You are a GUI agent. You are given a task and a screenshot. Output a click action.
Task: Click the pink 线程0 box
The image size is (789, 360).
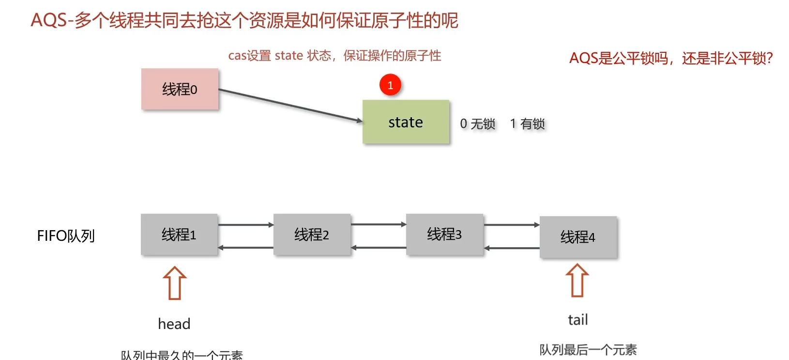click(180, 89)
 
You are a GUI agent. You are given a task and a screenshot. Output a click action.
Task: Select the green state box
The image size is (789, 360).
click(406, 122)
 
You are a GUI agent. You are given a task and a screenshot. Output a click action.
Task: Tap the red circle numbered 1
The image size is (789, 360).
click(390, 85)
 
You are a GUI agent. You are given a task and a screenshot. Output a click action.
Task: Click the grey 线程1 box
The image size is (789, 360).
click(179, 235)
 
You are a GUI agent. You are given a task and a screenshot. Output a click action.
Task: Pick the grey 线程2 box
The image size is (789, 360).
click(312, 235)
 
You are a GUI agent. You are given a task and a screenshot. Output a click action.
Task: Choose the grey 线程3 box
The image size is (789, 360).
click(444, 235)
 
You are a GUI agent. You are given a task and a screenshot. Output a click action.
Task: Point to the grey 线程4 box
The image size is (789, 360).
click(578, 237)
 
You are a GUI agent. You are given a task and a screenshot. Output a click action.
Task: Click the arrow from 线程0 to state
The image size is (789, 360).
click(290, 105)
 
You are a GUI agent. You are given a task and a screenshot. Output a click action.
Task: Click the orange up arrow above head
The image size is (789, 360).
click(175, 283)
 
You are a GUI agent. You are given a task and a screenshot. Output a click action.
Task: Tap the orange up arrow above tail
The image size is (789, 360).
click(577, 281)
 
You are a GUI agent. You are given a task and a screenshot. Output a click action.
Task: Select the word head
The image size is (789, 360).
click(174, 324)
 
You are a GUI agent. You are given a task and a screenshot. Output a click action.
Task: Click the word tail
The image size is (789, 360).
click(578, 320)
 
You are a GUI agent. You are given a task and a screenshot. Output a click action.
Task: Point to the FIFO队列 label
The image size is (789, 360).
click(66, 236)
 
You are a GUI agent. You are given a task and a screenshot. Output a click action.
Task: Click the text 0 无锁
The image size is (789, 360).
click(478, 124)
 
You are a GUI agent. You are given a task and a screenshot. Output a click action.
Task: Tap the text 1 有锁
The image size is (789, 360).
click(528, 124)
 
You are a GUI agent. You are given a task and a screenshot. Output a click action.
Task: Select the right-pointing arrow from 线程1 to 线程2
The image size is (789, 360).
click(246, 225)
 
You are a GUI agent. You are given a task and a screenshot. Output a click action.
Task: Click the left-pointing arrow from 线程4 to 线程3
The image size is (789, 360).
click(512, 248)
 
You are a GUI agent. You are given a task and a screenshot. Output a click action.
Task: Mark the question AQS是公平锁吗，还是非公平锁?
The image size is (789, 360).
click(671, 59)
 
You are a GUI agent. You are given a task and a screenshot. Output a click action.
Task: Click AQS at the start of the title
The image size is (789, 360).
click(49, 21)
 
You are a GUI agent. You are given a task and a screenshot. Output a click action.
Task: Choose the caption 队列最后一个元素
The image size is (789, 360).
click(588, 350)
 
